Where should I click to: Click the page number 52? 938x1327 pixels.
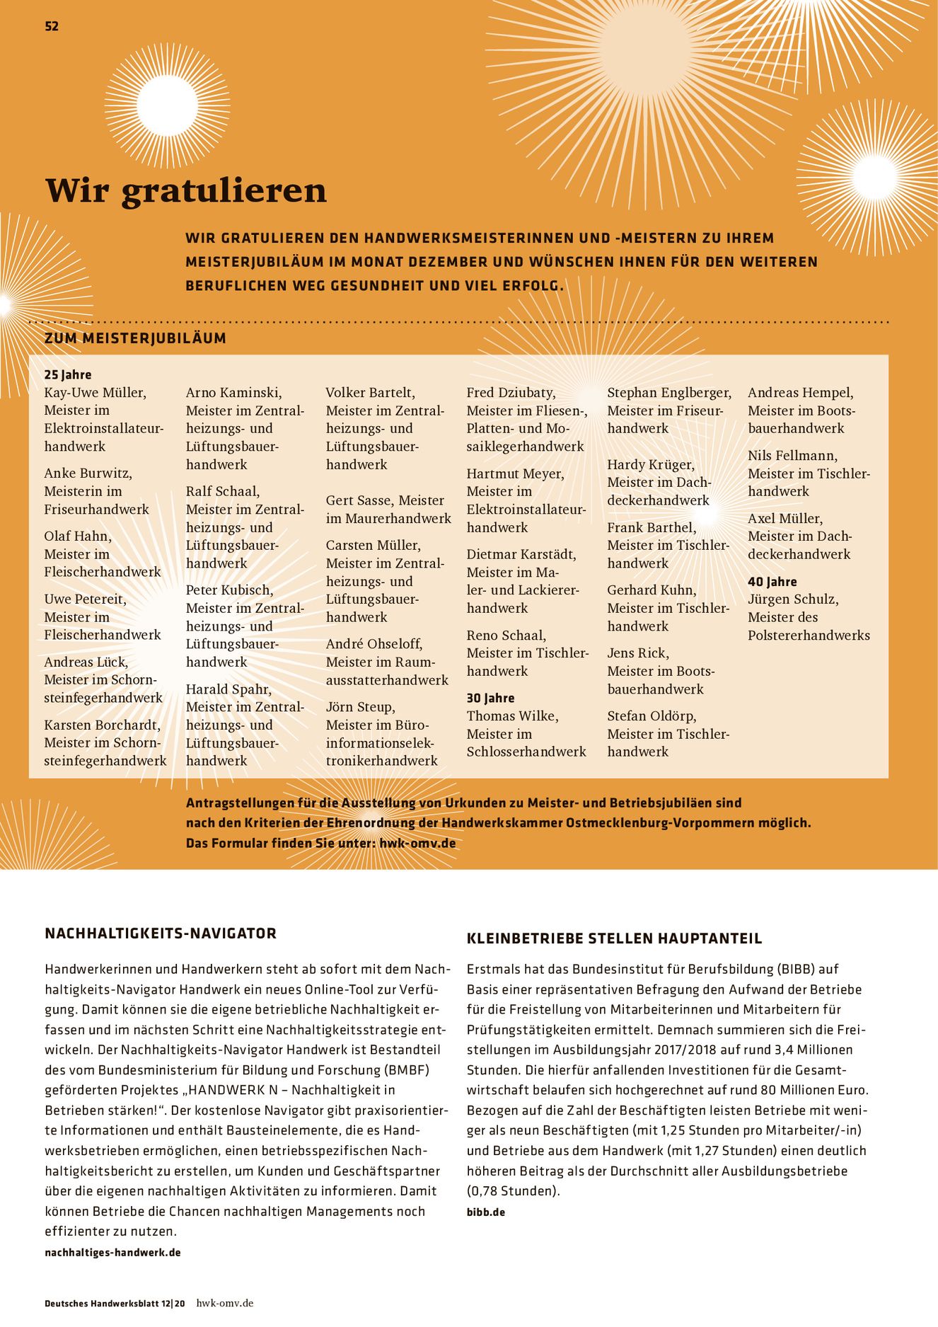click(52, 26)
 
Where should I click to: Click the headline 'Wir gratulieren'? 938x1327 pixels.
click(186, 190)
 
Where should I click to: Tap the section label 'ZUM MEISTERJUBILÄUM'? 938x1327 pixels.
click(135, 338)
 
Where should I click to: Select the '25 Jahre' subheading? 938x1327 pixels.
click(68, 374)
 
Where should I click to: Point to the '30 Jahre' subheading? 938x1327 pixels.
click(490, 698)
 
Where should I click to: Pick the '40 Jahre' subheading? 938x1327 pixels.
click(772, 582)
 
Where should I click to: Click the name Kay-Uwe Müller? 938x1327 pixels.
click(95, 393)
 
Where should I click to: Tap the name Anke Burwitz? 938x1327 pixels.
click(88, 473)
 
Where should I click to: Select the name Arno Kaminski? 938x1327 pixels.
click(233, 393)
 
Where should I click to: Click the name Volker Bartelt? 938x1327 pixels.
click(370, 393)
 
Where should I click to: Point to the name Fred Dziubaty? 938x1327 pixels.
click(511, 393)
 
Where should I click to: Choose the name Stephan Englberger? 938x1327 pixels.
click(668, 393)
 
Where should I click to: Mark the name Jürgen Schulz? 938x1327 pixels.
click(793, 599)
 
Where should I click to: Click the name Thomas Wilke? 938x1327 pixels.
click(512, 716)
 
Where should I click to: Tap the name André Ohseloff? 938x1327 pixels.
click(374, 644)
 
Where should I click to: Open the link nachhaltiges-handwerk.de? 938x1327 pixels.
click(112, 1252)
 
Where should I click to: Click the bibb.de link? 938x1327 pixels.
click(486, 1212)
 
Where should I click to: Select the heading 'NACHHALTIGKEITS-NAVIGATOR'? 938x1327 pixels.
click(161, 934)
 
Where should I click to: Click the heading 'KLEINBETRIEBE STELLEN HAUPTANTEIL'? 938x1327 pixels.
click(614, 938)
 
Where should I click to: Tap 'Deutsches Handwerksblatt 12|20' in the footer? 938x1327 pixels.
click(115, 1304)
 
